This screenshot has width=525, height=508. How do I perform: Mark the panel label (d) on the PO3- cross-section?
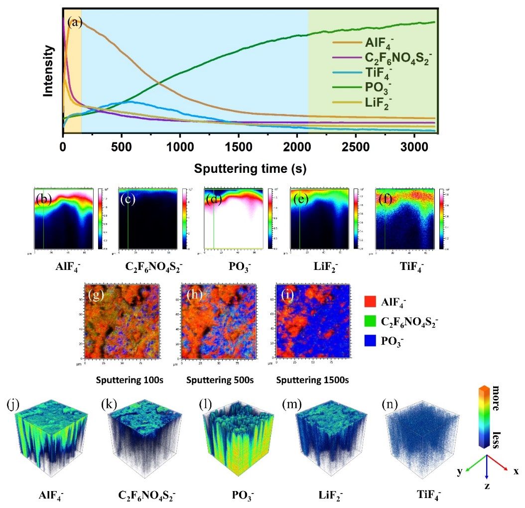214,199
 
